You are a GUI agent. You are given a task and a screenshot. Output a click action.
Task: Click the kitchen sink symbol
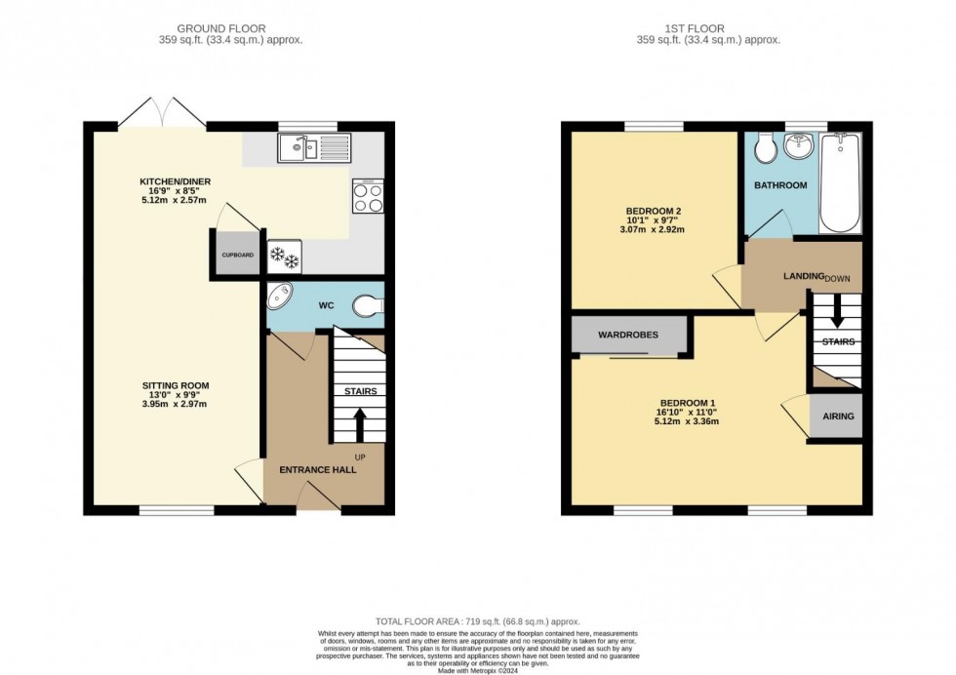click(x=313, y=148)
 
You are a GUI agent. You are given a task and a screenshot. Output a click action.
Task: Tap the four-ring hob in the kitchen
click(x=367, y=198)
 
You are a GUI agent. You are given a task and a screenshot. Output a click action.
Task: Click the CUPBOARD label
click(x=237, y=256)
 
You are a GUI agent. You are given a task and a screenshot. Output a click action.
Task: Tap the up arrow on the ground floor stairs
click(x=358, y=423)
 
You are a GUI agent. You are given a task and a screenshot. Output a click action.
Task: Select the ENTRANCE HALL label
click(x=318, y=470)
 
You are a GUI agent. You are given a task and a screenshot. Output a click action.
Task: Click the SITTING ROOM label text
click(x=175, y=385)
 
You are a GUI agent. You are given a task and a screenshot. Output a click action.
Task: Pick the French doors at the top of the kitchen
click(x=163, y=112)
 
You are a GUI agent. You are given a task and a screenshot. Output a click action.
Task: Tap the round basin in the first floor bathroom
click(x=802, y=149)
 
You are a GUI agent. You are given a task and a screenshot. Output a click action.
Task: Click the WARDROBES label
click(x=627, y=335)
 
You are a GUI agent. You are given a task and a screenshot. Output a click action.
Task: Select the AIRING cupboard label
click(x=838, y=417)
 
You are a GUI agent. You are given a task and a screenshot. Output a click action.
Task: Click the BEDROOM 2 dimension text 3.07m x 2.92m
click(x=651, y=230)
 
